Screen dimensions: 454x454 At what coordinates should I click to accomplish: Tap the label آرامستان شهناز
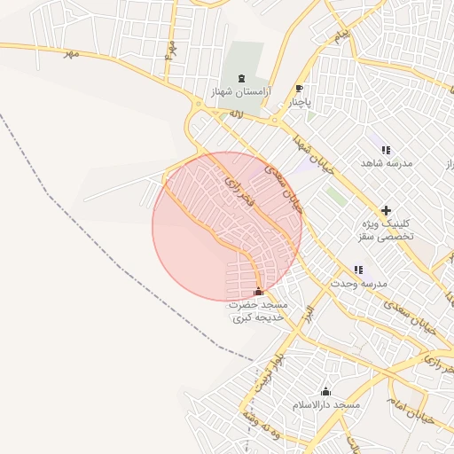pos(241,91)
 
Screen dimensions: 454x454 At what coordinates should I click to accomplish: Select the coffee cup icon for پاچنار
pos(299,89)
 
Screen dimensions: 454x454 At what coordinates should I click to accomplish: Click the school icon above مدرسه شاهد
pos(385,151)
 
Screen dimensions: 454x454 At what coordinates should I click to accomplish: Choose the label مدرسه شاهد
pos(383,164)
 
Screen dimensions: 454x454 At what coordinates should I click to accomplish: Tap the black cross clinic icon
pos(385,210)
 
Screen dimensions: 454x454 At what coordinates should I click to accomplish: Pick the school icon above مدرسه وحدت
pos(358,270)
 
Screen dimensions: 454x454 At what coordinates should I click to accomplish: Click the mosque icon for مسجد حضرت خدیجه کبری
pos(258,292)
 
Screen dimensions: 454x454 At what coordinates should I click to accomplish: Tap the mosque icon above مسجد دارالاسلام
pos(325,392)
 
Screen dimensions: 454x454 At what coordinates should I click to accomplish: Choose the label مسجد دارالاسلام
pos(326,405)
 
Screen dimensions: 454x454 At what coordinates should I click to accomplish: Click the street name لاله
pos(236,114)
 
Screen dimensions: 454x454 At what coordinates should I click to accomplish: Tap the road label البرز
pos(308,314)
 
